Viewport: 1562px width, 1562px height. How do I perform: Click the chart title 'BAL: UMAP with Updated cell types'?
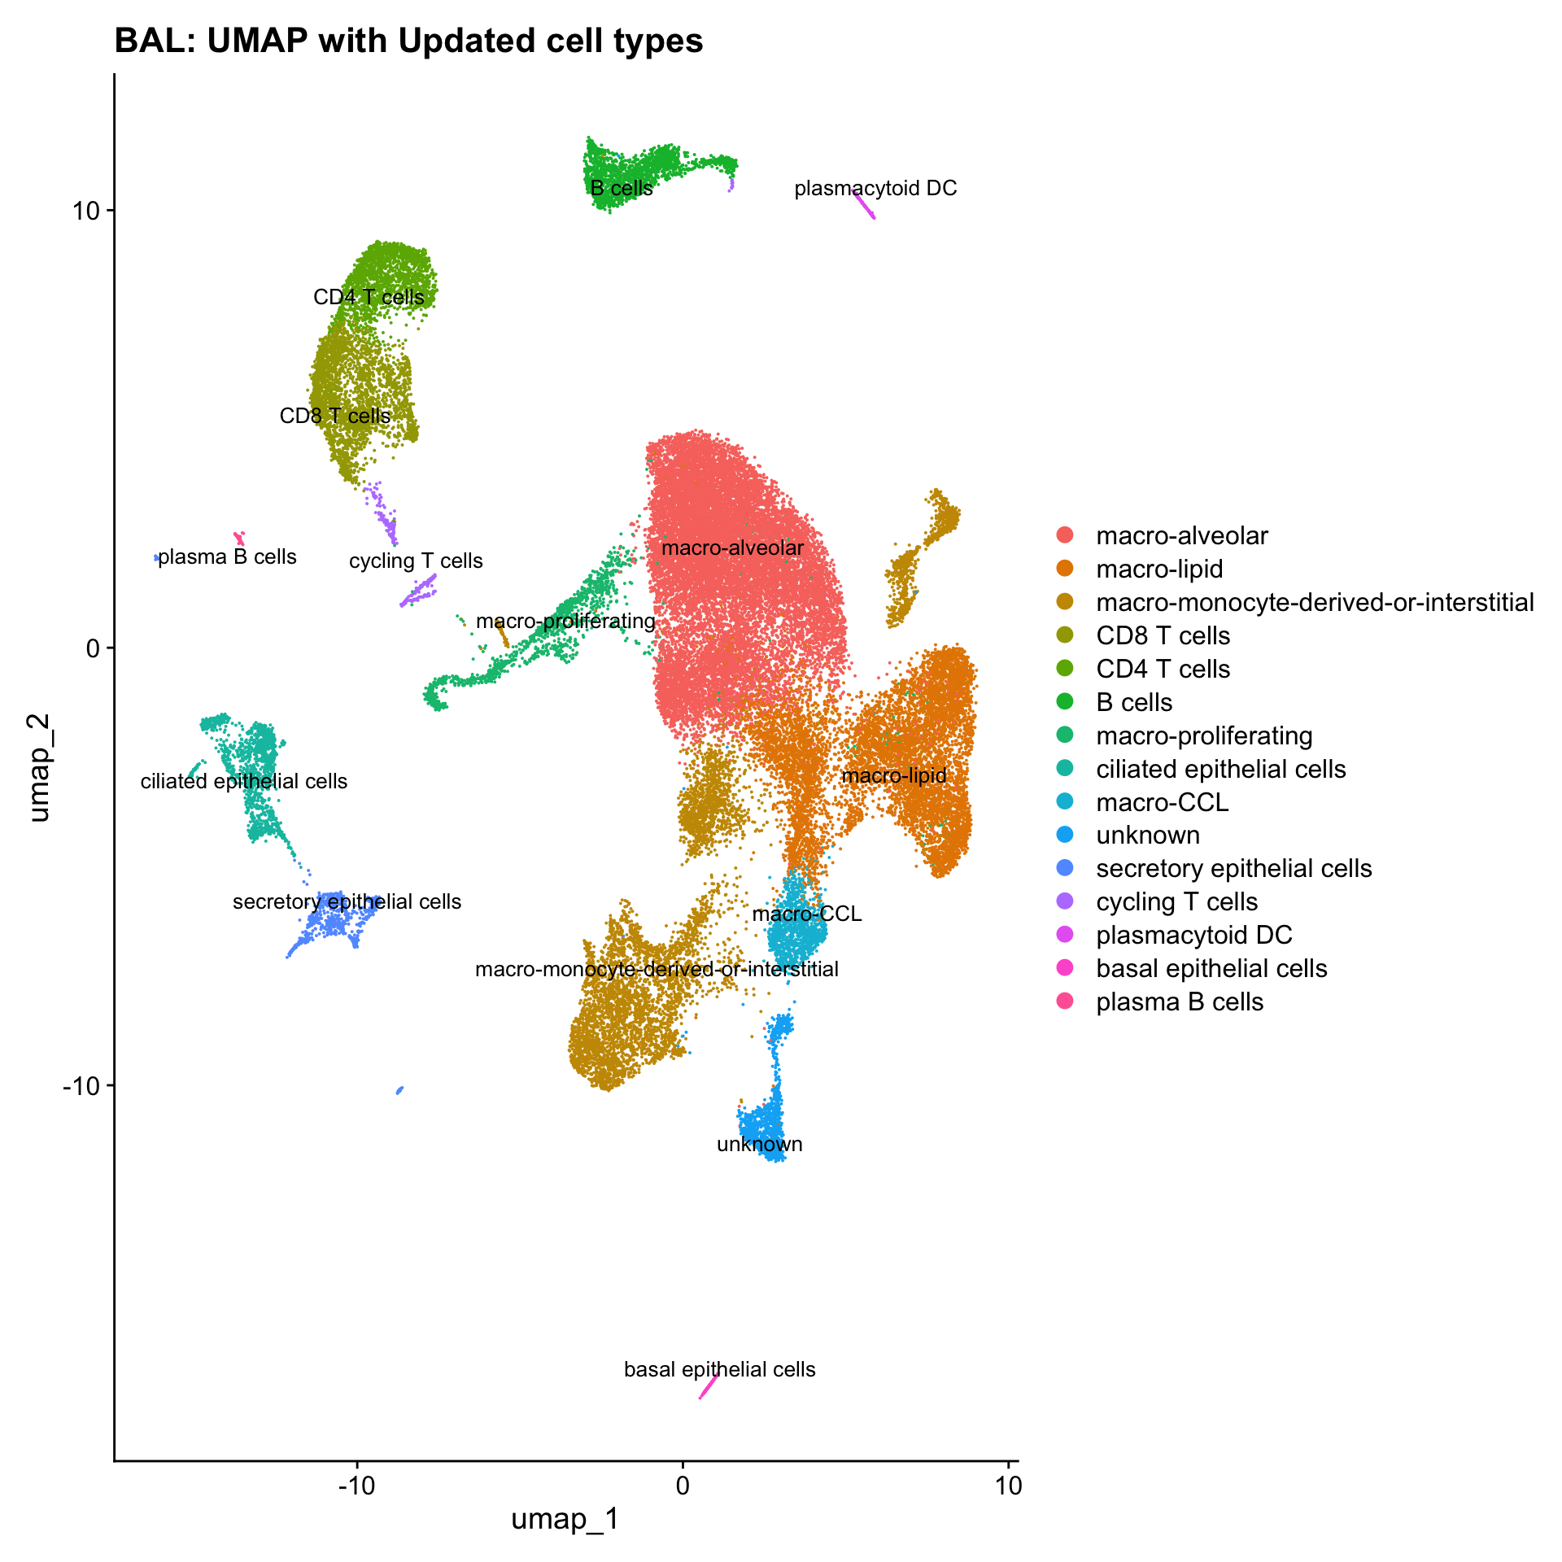(408, 41)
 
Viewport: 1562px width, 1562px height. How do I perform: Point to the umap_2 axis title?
(39, 768)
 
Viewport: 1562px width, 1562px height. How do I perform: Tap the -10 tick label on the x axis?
(356, 1486)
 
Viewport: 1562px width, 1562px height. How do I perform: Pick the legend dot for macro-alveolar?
(1064, 535)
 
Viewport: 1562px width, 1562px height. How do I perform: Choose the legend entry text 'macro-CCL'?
(1162, 802)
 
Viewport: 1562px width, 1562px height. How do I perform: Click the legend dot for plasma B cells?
(1064, 1001)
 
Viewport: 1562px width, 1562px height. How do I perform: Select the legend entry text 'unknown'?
(1147, 836)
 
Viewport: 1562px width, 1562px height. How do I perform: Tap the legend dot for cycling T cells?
(1064, 901)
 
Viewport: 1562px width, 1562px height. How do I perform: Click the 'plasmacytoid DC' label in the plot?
(875, 189)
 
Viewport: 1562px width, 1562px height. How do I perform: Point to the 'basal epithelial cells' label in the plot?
(719, 1369)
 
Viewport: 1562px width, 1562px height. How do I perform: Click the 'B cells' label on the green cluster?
(622, 189)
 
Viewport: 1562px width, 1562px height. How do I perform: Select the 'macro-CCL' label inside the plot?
(806, 914)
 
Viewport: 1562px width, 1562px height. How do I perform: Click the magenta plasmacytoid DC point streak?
(865, 205)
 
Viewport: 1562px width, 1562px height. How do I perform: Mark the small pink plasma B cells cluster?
(239, 538)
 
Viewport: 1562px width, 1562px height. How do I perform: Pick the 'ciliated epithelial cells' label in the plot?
(244, 782)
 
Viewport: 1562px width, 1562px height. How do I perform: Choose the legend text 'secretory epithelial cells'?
(1233, 869)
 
